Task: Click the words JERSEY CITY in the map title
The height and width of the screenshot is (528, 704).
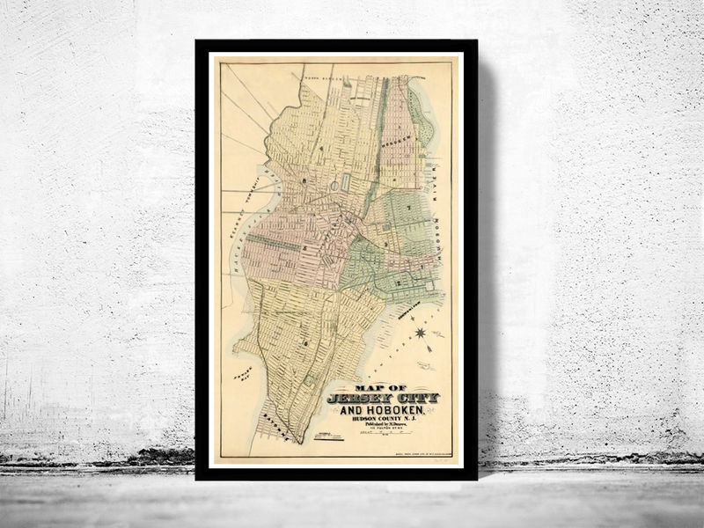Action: pyautogui.click(x=382, y=399)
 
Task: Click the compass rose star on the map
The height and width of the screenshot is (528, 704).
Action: pyautogui.click(x=421, y=333)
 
